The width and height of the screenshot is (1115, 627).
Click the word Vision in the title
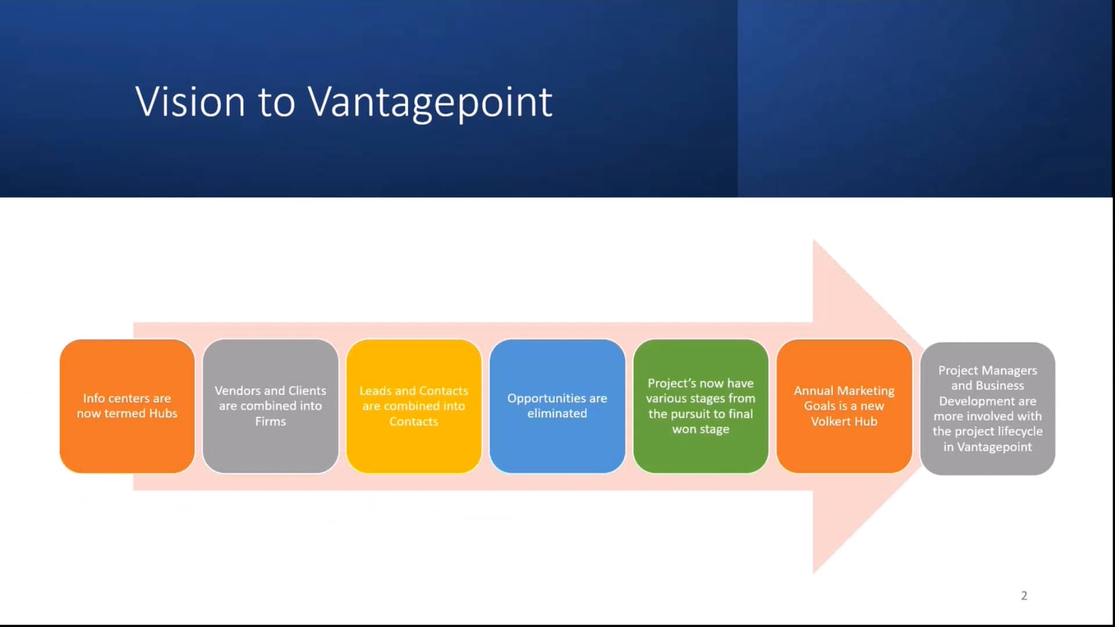click(190, 102)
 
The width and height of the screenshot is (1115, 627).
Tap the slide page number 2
click(1024, 596)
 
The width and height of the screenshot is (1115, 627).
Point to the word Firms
click(270, 421)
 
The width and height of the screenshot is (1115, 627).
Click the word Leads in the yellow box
click(375, 391)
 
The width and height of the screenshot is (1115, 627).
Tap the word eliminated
click(557, 413)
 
